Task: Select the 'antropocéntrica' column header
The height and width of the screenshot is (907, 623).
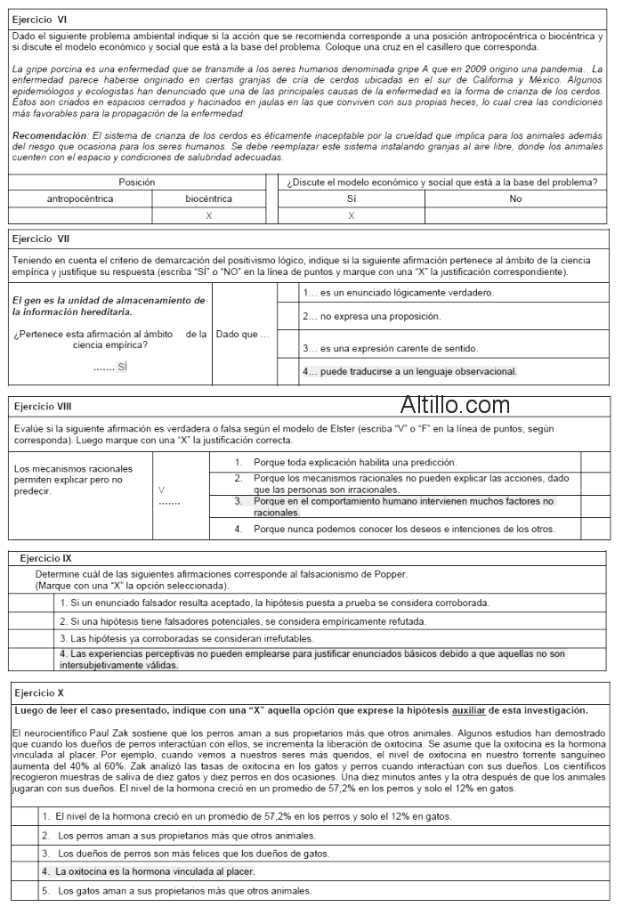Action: [x=80, y=199]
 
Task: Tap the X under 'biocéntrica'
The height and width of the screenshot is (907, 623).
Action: [x=209, y=215]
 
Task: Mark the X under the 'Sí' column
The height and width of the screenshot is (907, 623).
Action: [x=352, y=215]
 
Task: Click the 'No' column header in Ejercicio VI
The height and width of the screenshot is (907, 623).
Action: [x=515, y=199]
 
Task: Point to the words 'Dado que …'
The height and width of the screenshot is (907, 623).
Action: [x=242, y=334]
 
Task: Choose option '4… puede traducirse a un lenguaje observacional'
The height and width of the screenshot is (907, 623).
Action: [x=409, y=371]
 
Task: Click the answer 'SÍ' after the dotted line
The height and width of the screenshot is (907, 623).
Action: [x=123, y=367]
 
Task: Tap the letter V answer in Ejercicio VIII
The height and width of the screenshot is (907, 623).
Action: [x=161, y=490]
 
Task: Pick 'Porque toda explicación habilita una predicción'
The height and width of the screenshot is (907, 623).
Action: [x=354, y=462]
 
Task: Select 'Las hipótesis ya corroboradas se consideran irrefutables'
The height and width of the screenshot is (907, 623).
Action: [x=186, y=638]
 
